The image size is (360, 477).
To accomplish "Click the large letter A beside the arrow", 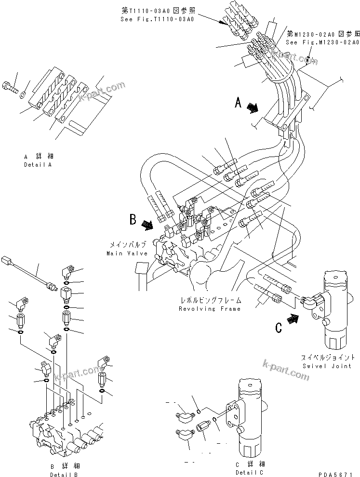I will tap(238, 103).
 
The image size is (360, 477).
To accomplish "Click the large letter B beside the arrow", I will tap(133, 220).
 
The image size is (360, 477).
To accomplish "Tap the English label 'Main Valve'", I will tap(124, 253).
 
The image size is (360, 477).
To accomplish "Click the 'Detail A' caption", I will tap(38, 165).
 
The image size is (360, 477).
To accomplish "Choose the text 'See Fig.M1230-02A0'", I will tap(322, 42).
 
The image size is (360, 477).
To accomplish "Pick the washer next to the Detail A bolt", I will tap(25, 92).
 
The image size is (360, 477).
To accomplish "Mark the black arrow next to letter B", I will tap(147, 224).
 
